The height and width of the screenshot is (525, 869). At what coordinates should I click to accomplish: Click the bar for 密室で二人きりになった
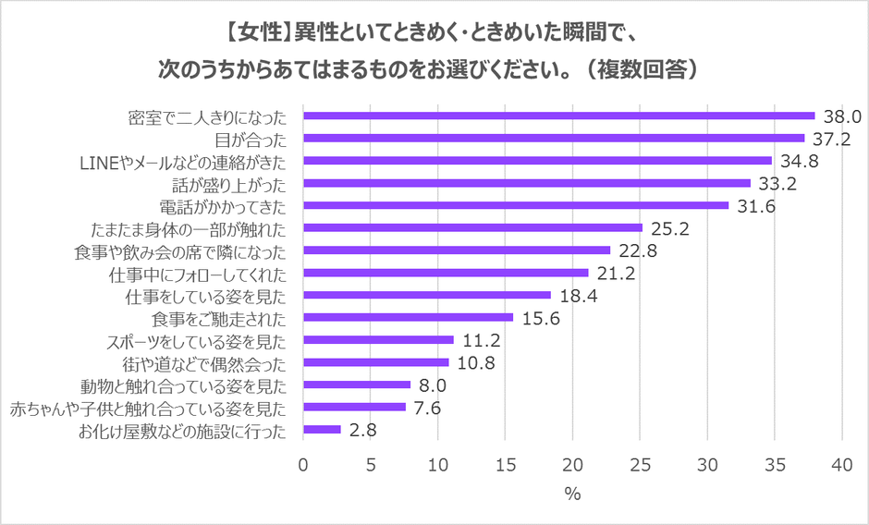click(558, 116)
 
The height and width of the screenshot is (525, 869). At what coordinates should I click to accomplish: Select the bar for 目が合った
click(554, 138)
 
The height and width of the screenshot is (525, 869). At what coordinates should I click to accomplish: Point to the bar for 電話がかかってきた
click(516, 205)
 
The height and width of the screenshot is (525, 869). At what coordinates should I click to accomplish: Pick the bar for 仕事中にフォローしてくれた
click(446, 273)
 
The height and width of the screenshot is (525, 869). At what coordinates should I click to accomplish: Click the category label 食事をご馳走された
click(220, 319)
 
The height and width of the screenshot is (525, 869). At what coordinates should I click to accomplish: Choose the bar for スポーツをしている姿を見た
click(378, 340)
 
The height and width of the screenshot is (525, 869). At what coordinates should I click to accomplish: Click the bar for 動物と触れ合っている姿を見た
click(357, 385)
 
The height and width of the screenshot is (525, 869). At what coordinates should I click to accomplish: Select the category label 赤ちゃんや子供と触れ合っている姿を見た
click(153, 408)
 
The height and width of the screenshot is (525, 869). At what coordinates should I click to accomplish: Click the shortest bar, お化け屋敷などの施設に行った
click(322, 430)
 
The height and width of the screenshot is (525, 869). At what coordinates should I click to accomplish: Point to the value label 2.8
click(361, 431)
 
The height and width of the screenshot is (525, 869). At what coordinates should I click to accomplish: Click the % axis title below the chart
click(573, 494)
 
